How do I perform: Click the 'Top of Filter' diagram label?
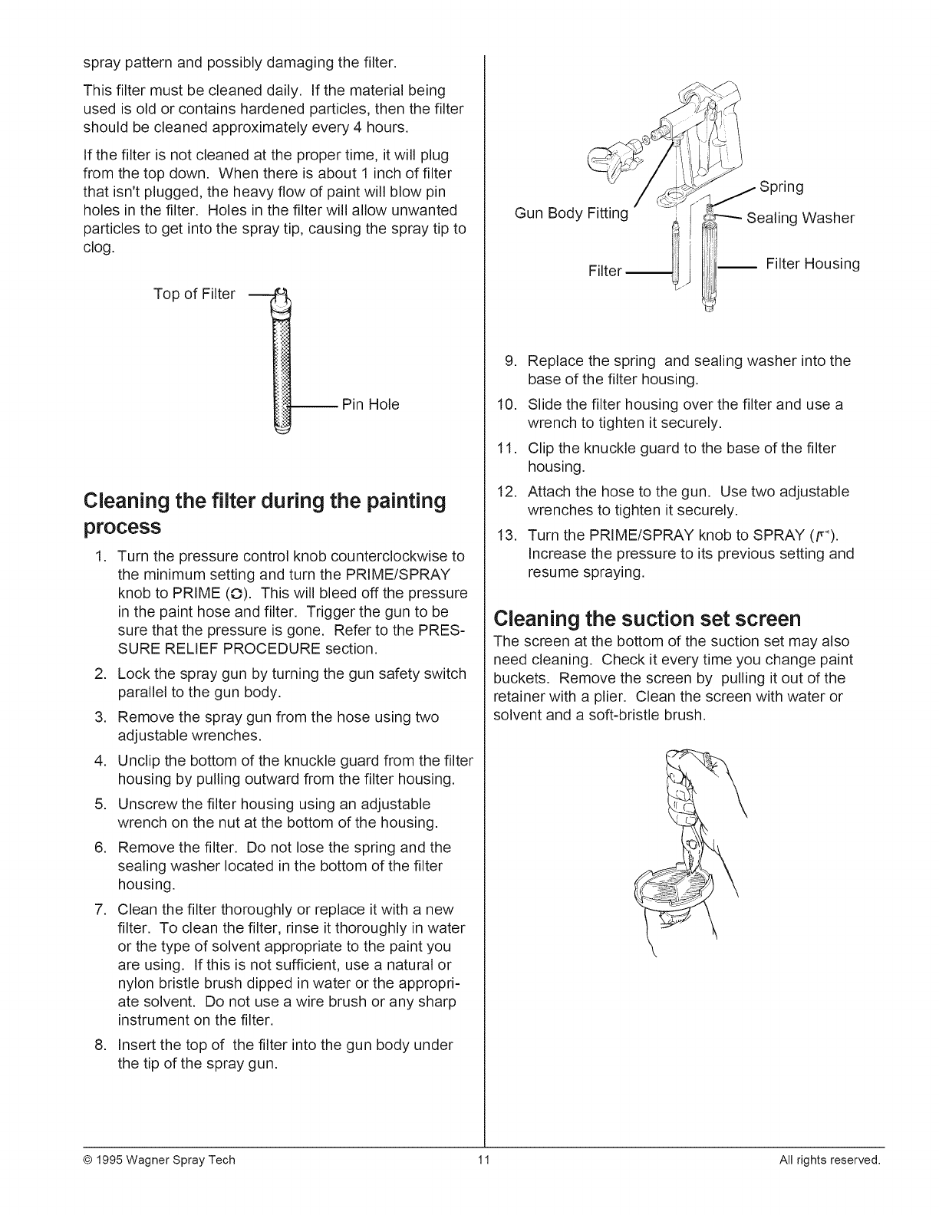coord(194,295)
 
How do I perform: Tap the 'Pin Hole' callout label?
coord(371,404)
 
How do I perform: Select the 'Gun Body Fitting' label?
coord(572,213)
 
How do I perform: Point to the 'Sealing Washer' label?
coord(800,218)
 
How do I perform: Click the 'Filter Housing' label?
coord(812,264)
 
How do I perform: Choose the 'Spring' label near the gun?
coord(780,187)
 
